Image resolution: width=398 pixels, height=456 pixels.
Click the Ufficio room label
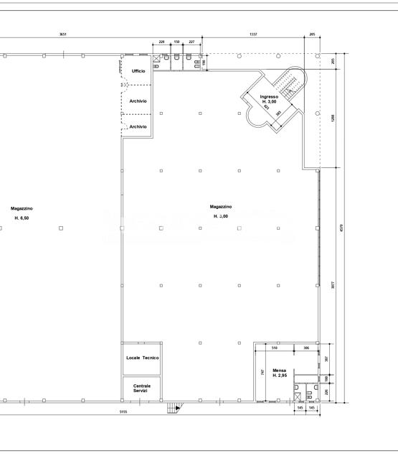pos(138,70)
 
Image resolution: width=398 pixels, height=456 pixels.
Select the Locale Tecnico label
pos(142,358)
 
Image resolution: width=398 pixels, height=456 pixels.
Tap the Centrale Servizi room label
pos(142,388)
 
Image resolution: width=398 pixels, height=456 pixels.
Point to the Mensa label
pos(280,370)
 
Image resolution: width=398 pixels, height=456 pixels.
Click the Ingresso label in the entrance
pos(269,96)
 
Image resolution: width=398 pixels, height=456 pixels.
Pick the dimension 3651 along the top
pos(63,34)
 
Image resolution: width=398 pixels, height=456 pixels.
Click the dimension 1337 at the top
pos(254,34)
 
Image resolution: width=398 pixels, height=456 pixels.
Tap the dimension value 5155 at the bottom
pos(123,411)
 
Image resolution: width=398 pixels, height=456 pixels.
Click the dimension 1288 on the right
pos(333,118)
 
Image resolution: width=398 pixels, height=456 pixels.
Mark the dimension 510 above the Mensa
pos(275,348)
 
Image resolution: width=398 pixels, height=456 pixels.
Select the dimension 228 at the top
pos(162,42)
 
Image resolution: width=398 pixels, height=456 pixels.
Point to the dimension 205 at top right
pos(312,34)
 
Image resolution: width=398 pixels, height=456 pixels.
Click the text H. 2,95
pos(280,376)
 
